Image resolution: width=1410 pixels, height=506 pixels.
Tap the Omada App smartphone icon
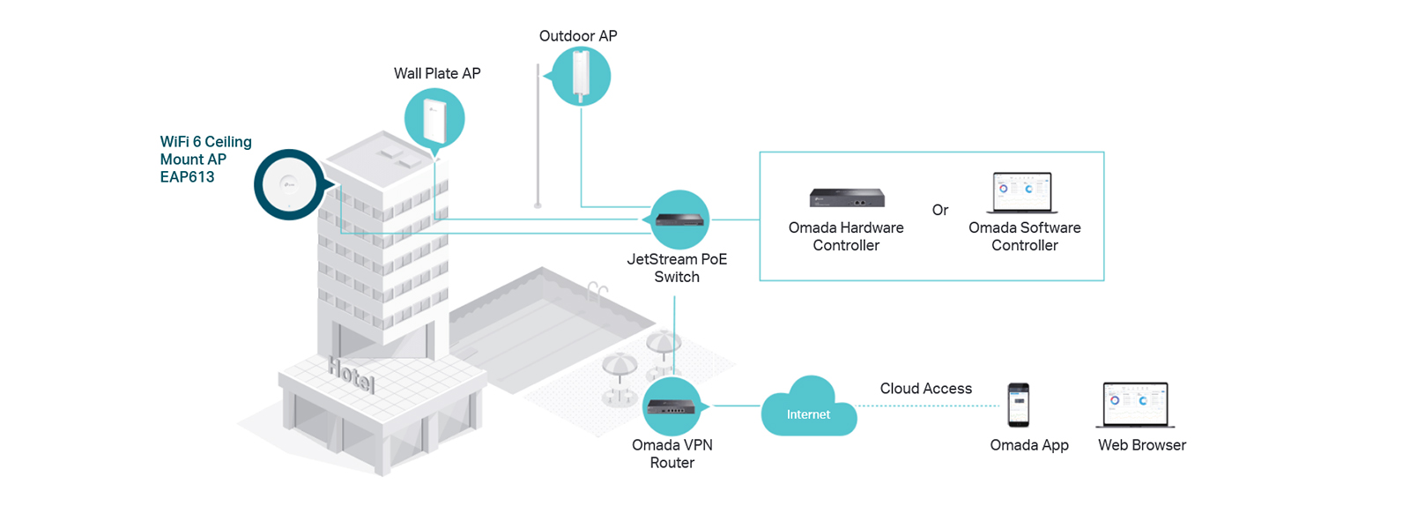[1019, 405]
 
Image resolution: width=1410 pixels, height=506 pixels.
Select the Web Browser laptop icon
[1136, 406]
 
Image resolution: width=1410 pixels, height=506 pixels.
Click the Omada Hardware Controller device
[847, 197]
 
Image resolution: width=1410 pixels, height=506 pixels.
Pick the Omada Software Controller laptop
[1022, 192]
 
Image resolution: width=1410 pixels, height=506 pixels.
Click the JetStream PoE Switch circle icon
[679, 220]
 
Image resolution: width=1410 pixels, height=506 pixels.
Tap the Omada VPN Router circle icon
[673, 406]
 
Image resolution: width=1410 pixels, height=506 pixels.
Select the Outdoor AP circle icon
[580, 76]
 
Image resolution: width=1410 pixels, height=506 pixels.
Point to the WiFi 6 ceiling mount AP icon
[290, 184]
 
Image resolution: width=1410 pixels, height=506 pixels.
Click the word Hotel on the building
[352, 375]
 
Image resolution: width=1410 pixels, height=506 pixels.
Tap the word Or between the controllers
[939, 210]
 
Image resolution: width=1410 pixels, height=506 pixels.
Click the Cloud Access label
[926, 388]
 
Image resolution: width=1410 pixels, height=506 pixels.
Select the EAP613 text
[187, 177]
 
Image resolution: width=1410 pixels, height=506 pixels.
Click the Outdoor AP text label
[578, 36]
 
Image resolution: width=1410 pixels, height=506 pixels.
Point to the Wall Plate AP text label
[437, 74]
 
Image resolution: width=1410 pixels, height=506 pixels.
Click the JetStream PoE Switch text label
[677, 268]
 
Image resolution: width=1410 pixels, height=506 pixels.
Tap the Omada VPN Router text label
[672, 454]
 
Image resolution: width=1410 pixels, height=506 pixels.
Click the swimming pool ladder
[597, 292]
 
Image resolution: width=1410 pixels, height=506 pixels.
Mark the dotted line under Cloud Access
[928, 406]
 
